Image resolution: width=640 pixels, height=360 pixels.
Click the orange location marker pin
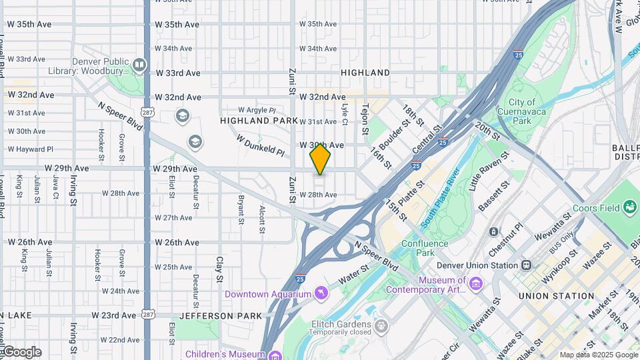tap(320, 159)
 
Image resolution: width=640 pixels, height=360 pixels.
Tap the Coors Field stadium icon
tap(630, 208)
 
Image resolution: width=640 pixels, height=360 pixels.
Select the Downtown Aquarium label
tap(268, 294)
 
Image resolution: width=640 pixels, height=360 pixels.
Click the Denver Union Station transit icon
tap(527, 265)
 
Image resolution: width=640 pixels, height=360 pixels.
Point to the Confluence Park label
tap(425, 248)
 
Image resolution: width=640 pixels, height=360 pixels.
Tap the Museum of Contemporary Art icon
tap(476, 285)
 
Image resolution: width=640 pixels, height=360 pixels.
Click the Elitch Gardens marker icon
tap(381, 326)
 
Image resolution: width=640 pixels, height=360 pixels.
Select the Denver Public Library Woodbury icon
tap(139, 65)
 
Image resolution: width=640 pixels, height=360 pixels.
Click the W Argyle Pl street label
tap(257, 110)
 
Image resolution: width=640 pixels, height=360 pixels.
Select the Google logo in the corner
tap(21, 352)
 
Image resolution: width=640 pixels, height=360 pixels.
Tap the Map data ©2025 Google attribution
tap(598, 355)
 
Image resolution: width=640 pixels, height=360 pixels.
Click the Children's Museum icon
tap(275, 355)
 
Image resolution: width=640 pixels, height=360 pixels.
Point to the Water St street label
tap(353, 274)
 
